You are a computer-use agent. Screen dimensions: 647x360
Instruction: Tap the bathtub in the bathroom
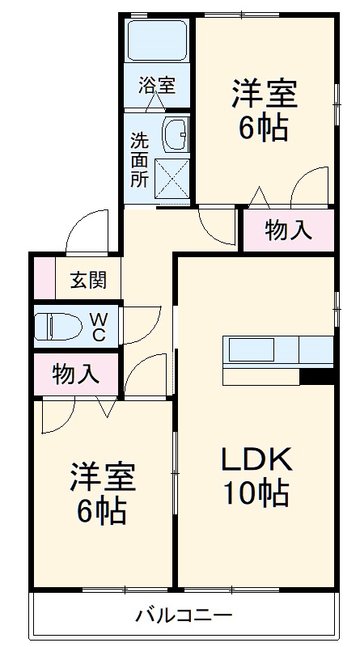tap(157, 40)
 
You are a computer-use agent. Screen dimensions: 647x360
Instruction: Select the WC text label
tap(97, 327)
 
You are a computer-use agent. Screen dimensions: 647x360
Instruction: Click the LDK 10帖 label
tap(257, 476)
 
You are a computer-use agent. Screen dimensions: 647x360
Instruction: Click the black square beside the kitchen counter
tap(316, 376)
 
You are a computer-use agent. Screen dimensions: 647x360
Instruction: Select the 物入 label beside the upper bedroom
tap(288, 230)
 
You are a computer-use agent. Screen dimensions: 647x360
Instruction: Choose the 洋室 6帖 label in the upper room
tap(264, 109)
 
